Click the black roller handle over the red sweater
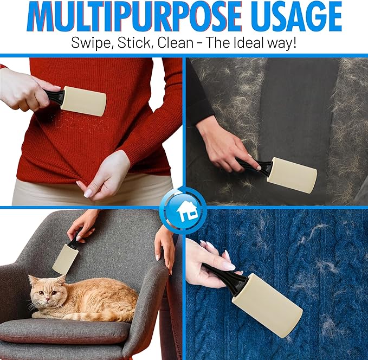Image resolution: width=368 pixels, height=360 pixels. click(x=54, y=97)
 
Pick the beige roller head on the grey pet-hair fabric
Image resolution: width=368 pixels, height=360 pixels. click(x=292, y=175)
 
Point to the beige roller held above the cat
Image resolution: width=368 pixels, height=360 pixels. click(x=64, y=259)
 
